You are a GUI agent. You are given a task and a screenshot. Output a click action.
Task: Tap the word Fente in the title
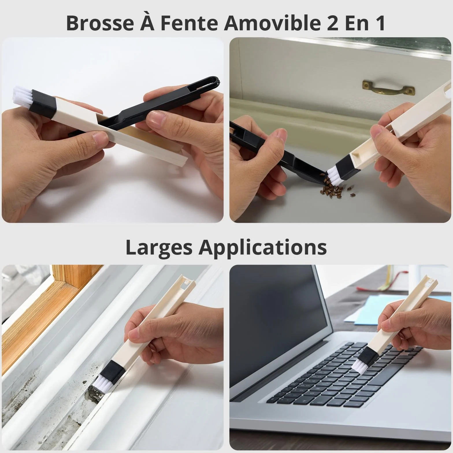[x=189, y=23]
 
